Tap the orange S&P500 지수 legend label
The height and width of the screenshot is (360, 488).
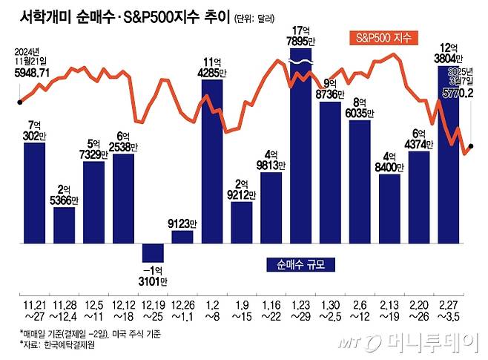(383, 36)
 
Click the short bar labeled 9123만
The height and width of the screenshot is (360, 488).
(182, 236)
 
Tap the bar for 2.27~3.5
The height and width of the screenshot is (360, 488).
(449, 163)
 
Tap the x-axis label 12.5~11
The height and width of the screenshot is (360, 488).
(93, 307)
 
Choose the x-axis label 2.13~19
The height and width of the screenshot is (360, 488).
(390, 307)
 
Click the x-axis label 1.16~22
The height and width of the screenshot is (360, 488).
(271, 307)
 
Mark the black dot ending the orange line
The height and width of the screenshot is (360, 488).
(472, 146)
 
